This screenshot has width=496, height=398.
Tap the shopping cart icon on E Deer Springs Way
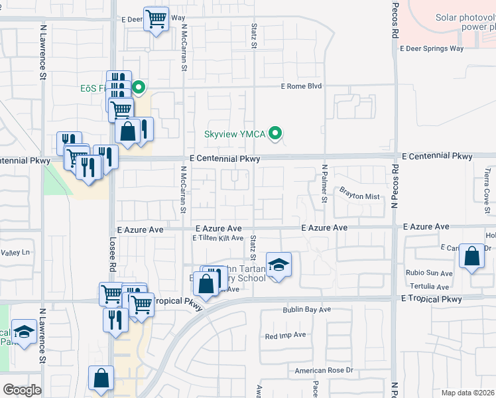(x=156, y=20)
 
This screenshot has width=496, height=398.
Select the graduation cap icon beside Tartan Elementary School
(x=279, y=265)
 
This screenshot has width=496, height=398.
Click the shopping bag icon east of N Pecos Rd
(x=471, y=257)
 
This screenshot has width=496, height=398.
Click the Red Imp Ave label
(x=285, y=336)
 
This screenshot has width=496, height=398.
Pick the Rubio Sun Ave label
(x=430, y=273)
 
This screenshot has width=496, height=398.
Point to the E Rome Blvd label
(x=301, y=86)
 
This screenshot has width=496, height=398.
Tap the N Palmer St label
(x=324, y=183)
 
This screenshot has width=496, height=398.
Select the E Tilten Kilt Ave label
(x=218, y=238)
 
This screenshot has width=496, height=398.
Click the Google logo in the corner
(x=22, y=389)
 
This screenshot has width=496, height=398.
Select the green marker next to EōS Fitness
(x=139, y=87)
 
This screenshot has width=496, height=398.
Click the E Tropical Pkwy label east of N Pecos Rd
(x=431, y=299)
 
